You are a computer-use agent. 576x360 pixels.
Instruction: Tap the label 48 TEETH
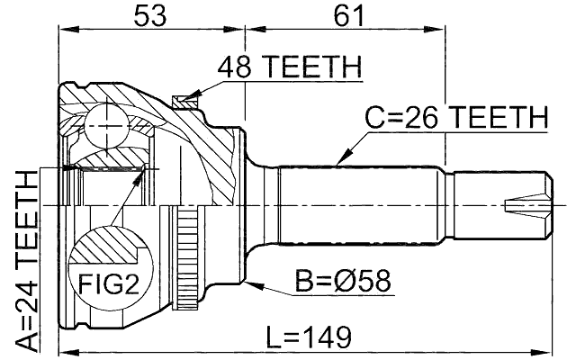click(x=287, y=67)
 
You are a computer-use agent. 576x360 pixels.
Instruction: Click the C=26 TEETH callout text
click(x=455, y=117)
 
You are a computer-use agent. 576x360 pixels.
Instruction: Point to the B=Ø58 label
click(x=343, y=281)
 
